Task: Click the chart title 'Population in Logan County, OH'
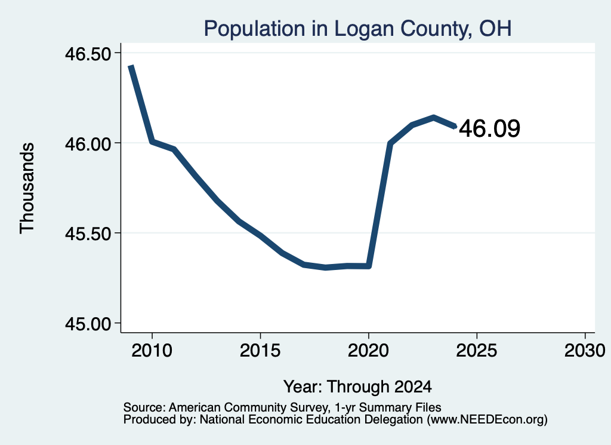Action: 357,29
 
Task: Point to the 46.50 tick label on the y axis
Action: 88,54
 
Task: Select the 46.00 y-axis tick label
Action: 88,144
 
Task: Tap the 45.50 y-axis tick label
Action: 88,234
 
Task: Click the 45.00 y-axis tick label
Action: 88,324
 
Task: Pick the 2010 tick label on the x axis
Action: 152,351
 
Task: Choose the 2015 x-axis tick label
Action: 260,351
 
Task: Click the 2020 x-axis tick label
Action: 368,351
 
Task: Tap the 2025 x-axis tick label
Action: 477,351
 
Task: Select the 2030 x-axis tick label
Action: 585,351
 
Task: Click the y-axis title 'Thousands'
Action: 27,188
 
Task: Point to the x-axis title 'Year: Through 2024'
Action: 357,387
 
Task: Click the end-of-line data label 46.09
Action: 489,128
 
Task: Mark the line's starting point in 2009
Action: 131,67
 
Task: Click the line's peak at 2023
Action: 433,118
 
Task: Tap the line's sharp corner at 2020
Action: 369,266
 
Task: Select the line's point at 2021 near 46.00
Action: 390,143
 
